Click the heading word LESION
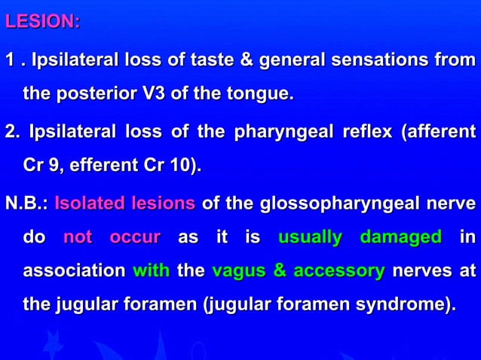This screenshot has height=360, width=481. (41, 22)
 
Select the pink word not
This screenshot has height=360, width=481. (78, 238)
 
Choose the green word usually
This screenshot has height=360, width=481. (309, 238)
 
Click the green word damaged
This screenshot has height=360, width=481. (400, 238)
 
